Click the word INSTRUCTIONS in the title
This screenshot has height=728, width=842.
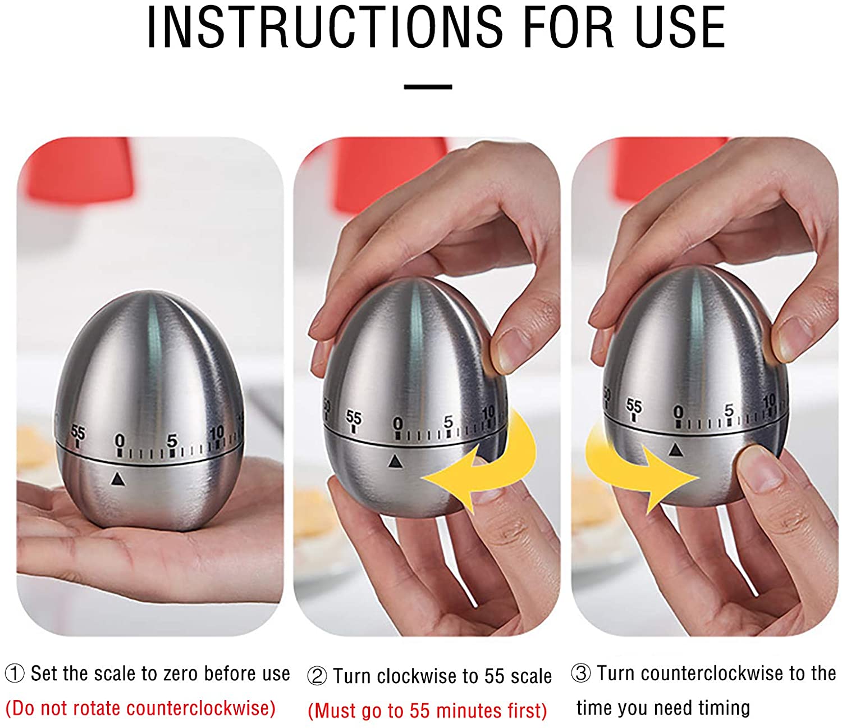tap(325, 28)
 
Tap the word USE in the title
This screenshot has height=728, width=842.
tap(680, 28)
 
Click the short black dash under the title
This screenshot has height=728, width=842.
tap(428, 87)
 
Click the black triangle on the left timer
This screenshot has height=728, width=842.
tap(118, 479)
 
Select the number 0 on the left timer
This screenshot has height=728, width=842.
tap(120, 440)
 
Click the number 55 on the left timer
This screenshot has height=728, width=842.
tap(78, 432)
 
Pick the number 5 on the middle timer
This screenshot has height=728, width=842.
tap(448, 421)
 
